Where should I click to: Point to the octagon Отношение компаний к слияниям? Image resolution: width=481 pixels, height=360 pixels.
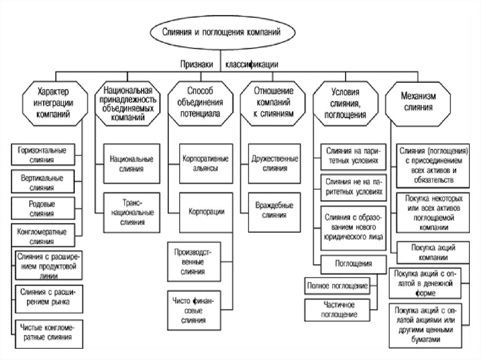(x=273, y=101)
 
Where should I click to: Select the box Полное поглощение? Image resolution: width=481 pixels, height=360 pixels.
(x=336, y=285)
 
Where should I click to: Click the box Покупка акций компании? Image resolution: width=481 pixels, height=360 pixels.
(x=427, y=253)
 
